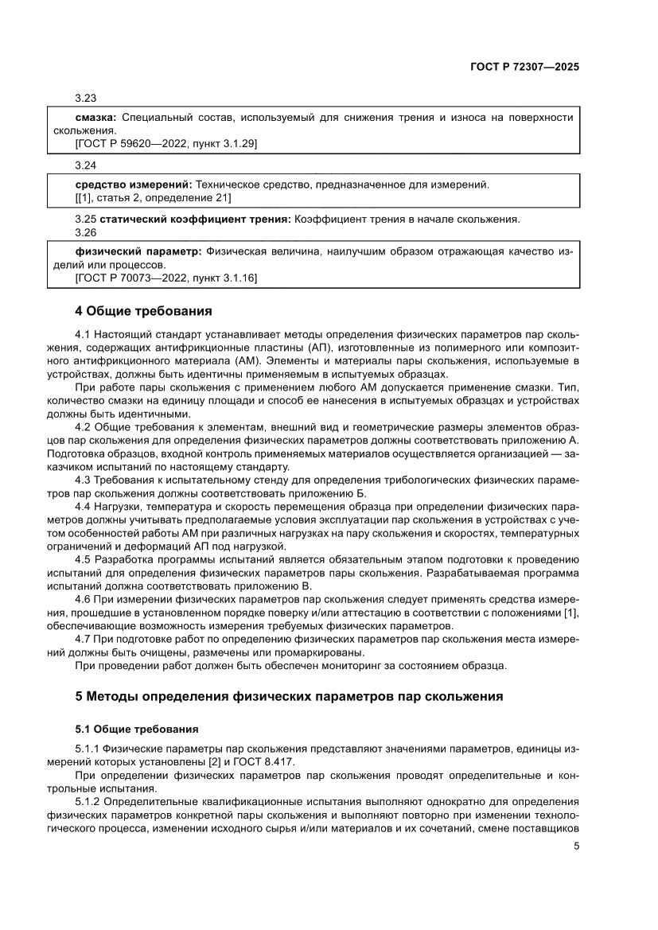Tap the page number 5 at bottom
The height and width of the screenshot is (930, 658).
575,846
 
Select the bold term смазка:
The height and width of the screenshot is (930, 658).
96,117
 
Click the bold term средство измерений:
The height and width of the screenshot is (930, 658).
133,185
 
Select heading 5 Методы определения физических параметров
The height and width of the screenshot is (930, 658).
289,696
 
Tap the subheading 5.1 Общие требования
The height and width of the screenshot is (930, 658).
136,729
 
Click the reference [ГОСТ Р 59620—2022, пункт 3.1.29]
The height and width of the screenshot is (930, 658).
165,143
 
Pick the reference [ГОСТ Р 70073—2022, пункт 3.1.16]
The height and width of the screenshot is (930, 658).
165,278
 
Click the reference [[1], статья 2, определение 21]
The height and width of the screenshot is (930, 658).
153,197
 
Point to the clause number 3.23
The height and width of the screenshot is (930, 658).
85,99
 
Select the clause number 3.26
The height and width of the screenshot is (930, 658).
85,232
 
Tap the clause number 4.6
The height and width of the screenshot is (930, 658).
83,597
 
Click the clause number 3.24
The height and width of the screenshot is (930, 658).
85,165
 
